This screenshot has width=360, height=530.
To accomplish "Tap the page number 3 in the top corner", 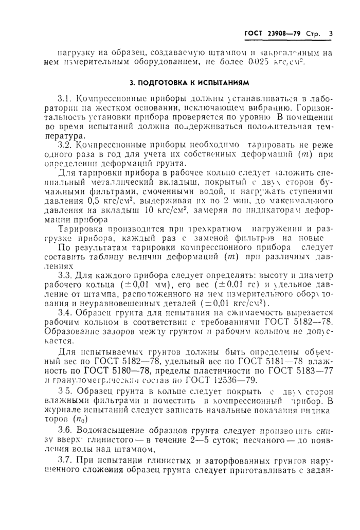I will point(331,34).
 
